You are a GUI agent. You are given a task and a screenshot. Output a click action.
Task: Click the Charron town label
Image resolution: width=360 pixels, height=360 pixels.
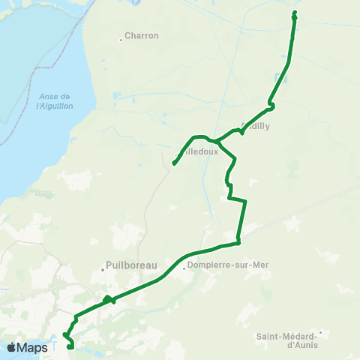(x=142, y=35)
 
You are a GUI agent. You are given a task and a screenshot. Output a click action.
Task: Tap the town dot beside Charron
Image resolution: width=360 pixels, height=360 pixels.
(x=121, y=39)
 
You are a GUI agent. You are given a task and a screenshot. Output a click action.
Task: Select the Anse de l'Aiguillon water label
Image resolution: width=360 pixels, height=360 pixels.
(x=53, y=101)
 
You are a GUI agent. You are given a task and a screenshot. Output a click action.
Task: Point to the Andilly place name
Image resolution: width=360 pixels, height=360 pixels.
(x=256, y=126)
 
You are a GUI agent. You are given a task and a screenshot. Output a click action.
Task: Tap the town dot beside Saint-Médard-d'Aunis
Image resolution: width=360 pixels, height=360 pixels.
(x=320, y=332)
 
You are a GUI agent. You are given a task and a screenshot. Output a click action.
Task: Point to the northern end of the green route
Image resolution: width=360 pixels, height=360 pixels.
(x=294, y=13)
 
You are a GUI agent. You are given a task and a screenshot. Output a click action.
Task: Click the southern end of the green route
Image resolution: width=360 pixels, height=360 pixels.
(x=70, y=346)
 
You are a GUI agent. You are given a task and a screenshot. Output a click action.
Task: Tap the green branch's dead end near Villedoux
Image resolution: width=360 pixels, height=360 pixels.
(x=174, y=163)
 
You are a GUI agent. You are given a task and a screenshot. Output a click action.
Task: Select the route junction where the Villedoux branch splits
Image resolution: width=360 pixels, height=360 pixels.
(x=215, y=140)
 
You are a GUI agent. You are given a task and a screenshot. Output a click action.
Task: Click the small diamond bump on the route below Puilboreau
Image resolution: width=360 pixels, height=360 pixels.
(x=108, y=299)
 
